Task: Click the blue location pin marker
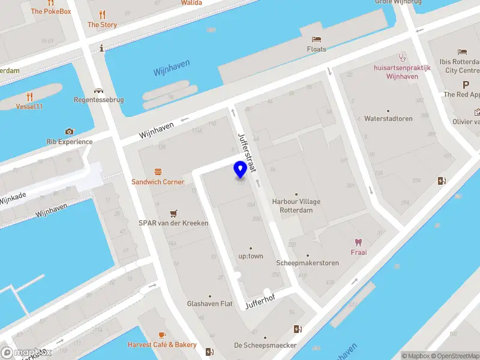[240, 169]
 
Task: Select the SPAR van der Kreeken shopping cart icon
[174, 213]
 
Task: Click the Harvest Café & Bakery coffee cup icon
[162, 335]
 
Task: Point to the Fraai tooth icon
[359, 242]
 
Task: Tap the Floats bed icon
[317, 39]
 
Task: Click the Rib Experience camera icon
[70, 131]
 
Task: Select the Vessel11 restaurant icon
[29, 96]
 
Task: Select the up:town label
[251, 256]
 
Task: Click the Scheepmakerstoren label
[308, 263]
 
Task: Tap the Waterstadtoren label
[388, 119]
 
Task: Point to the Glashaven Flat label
[209, 304]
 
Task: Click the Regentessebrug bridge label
[98, 100]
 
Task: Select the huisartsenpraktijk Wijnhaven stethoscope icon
[401, 58]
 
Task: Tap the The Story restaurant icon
[102, 14]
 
